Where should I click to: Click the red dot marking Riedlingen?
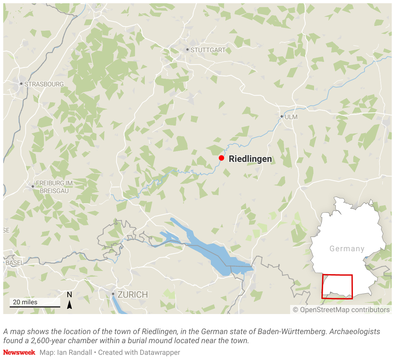[221, 158]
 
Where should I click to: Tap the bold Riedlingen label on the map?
[250, 159]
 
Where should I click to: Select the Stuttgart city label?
[208, 50]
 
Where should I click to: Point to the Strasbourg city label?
[44, 84]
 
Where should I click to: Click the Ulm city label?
[291, 117]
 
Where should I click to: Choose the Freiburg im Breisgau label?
[54, 187]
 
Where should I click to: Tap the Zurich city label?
[132, 295]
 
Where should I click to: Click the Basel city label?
[15, 263]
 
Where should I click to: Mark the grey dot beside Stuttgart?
[187, 50]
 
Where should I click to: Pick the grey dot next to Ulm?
[282, 117]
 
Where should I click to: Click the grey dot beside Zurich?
[113, 294]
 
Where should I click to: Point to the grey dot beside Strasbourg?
[21, 84]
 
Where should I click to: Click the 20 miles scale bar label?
[25, 302]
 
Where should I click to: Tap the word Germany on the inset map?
[347, 249]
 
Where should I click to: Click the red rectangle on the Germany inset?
[337, 287]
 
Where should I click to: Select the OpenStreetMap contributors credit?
[341, 310]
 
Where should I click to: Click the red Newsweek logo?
[19, 352]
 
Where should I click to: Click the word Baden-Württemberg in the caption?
[292, 332]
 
